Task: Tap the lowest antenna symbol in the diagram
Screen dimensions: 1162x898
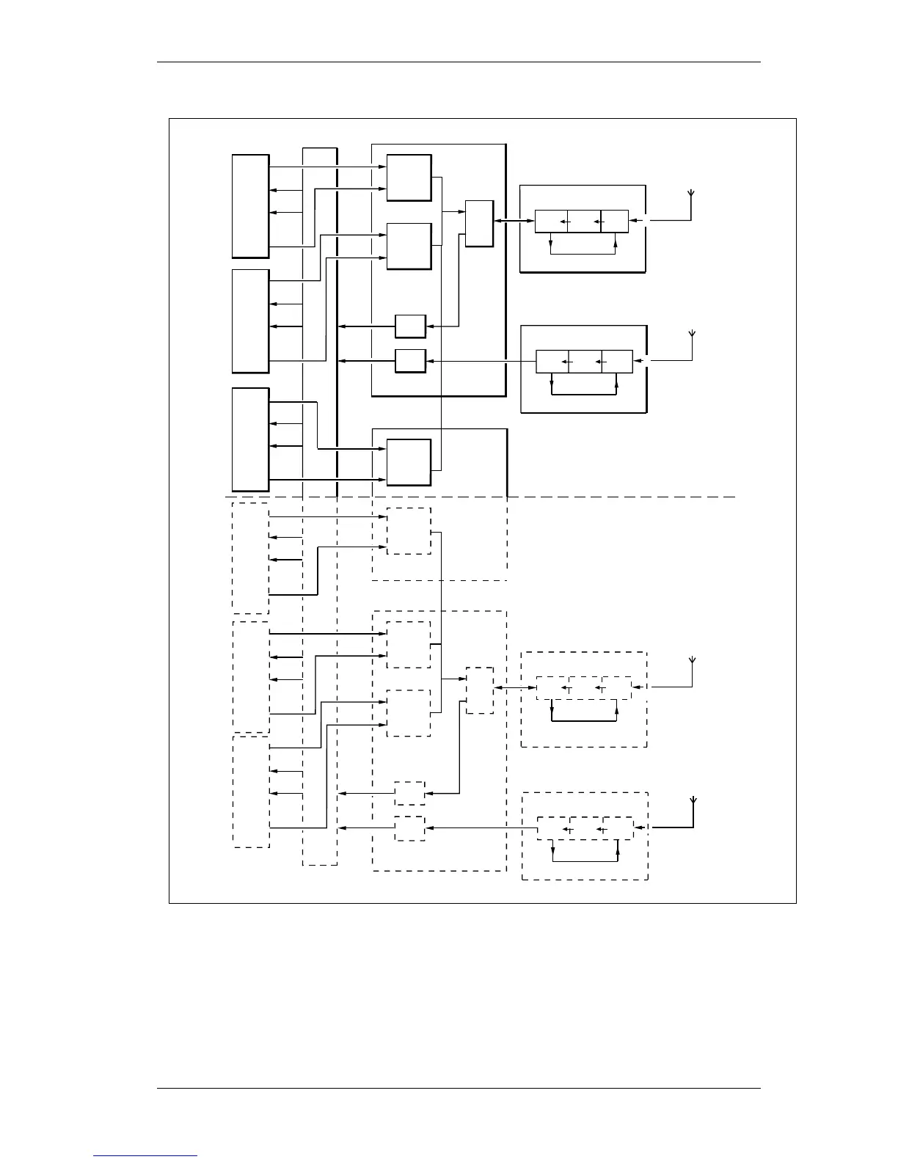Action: (693, 801)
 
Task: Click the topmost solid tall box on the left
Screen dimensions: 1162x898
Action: (250, 206)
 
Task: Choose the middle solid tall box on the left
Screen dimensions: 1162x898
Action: (250, 321)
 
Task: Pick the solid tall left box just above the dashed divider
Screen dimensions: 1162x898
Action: (250, 439)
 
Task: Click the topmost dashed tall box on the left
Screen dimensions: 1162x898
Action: (250, 558)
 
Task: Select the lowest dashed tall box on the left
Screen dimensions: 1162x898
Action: (251, 791)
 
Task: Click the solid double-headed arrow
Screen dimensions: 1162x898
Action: (514, 221)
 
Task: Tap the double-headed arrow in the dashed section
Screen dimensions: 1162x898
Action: (516, 688)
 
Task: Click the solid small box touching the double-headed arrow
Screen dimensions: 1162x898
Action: (479, 223)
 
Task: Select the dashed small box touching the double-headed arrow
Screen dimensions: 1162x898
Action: (480, 690)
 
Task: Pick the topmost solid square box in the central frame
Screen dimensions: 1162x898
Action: (409, 178)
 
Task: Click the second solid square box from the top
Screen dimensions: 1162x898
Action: (409, 246)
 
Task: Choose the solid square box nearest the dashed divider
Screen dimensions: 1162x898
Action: (409, 462)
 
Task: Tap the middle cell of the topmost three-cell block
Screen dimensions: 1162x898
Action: (584, 221)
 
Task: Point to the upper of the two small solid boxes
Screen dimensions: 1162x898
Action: (410, 326)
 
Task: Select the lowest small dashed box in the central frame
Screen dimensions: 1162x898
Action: (409, 828)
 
